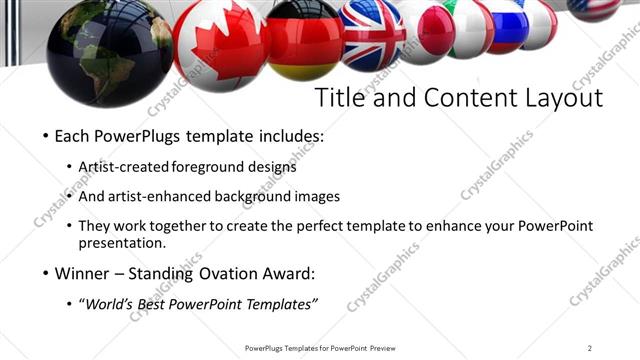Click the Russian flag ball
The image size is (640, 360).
[507, 24]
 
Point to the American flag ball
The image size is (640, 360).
[594, 8]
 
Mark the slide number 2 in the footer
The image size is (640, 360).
[590, 348]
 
